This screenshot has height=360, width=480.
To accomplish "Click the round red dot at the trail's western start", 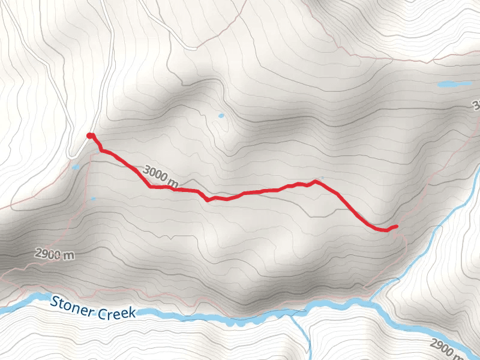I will pyautogui.click(x=90, y=136).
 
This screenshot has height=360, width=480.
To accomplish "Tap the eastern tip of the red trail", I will pyautogui.click(x=396, y=226).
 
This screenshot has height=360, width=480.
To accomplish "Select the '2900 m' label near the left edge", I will pyautogui.click(x=53, y=254).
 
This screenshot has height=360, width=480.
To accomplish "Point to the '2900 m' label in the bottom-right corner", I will pyautogui.click(x=447, y=346).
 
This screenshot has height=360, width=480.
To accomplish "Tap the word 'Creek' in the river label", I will pyautogui.click(x=118, y=311).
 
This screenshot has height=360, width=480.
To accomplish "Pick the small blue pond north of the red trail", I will pyautogui.click(x=221, y=115).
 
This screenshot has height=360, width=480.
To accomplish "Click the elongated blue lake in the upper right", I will pyautogui.click(x=454, y=85).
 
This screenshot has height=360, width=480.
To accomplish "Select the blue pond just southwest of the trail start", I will pyautogui.click(x=75, y=167).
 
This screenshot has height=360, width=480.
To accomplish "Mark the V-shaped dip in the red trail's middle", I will pyautogui.click(x=207, y=199).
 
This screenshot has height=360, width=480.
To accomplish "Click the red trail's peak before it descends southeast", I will pyautogui.click(x=315, y=181).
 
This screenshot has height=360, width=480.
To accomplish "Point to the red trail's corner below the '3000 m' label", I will pyautogui.click(x=150, y=187).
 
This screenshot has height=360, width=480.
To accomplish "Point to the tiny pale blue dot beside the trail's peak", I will pyautogui.click(x=322, y=177).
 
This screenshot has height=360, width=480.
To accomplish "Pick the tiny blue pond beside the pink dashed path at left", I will pyautogui.click(x=93, y=199).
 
